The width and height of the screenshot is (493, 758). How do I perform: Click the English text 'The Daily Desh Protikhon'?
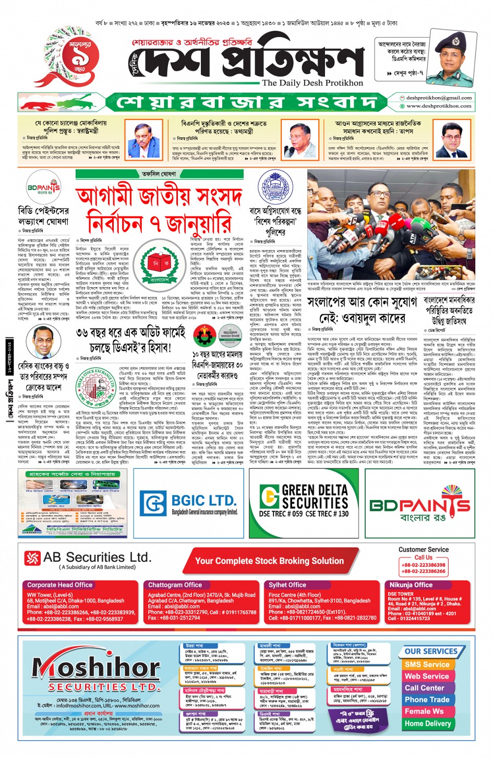point(312,83)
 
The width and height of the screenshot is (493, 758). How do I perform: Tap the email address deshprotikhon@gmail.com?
point(439,98)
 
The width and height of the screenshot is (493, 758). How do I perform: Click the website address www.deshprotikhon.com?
point(439,106)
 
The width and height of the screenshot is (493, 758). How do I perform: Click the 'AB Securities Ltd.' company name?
point(97,558)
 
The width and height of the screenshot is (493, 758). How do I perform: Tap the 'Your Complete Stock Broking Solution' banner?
point(269,561)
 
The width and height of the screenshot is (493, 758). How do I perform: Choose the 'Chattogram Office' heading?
point(175,585)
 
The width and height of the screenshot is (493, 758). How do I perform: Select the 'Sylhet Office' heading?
point(287,585)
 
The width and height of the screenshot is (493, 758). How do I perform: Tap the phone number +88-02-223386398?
point(423,565)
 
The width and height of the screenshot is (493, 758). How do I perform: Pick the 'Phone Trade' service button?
point(427,700)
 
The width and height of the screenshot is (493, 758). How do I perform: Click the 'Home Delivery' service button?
point(427,724)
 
